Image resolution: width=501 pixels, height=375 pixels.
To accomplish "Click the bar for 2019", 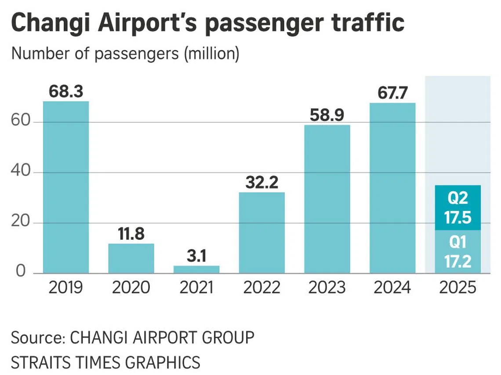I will click(66, 187).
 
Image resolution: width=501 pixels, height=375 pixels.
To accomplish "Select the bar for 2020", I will click(131, 258).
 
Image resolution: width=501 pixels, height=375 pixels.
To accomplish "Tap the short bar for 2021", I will click(196, 269).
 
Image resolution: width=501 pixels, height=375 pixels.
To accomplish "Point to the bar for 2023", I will click(327, 199).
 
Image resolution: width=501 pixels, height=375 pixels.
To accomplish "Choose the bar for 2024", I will click(392, 188).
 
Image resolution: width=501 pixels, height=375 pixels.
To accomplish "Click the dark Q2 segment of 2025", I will click(457, 207).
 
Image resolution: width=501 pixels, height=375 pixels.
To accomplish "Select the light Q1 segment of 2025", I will click(457, 251).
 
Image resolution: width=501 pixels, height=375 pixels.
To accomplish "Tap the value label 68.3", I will click(66, 93).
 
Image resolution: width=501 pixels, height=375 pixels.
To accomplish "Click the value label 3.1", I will click(196, 257).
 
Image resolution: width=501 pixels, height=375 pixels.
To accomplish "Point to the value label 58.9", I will click(327, 116).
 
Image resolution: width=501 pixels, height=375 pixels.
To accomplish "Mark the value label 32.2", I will click(261, 183).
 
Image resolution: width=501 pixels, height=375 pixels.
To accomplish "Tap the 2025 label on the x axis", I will click(457, 288).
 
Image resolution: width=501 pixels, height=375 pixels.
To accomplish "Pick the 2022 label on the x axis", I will click(261, 288).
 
